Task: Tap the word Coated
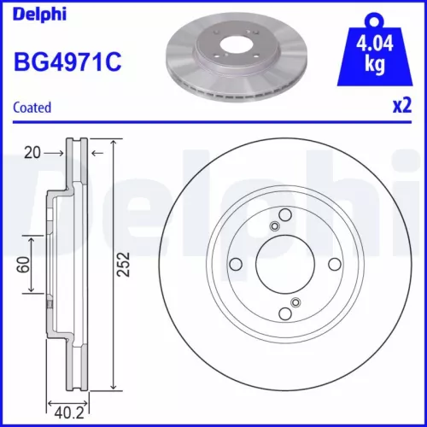coord(32,107)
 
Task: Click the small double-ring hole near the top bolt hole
coord(273,226)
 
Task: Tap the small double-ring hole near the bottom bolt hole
coord(295,301)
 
